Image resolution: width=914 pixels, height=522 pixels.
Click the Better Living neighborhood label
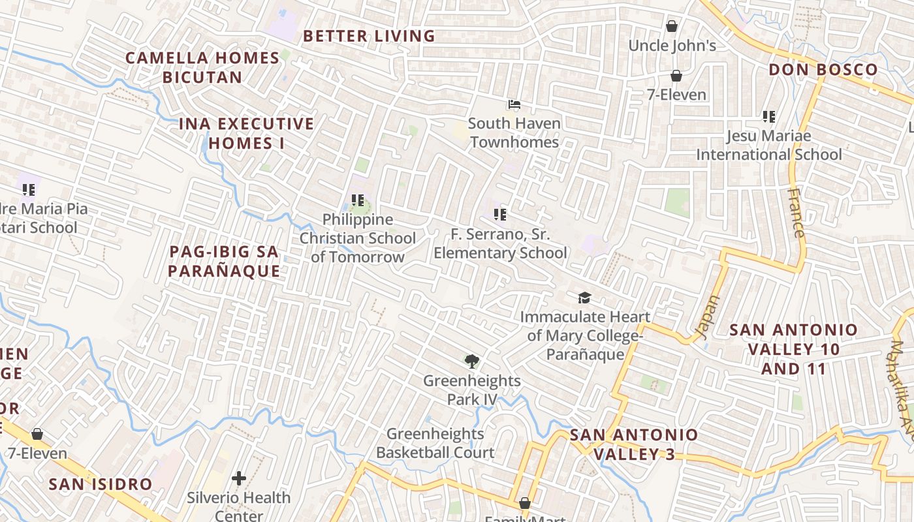pyautogui.click(x=369, y=36)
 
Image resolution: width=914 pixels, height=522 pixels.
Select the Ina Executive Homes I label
pyautogui.click(x=246, y=133)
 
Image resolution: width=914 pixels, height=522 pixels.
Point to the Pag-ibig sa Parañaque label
pyautogui.click(x=224, y=261)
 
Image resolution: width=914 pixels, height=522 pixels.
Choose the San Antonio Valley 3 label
pyautogui.click(x=634, y=444)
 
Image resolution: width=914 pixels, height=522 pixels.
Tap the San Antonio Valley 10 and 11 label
pyautogui.click(x=793, y=349)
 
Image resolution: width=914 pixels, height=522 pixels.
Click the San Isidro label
pyautogui.click(x=101, y=484)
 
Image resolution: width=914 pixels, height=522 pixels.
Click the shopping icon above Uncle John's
pyautogui.click(x=671, y=26)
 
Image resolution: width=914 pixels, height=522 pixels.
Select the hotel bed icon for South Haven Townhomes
pyautogui.click(x=514, y=104)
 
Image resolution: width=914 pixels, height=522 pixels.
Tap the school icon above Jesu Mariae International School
pyautogui.click(x=768, y=117)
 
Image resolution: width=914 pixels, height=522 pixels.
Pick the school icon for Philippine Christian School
pyautogui.click(x=357, y=200)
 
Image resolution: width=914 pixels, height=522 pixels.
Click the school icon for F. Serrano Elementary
pyautogui.click(x=500, y=214)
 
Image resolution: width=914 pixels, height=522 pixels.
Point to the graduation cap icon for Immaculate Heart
pyautogui.click(x=584, y=298)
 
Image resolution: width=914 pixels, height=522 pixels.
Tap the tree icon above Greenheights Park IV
pyautogui.click(x=471, y=361)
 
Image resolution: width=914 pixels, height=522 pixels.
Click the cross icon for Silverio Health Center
pyautogui.click(x=239, y=478)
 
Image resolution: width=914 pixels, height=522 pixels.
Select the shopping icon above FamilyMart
pyautogui.click(x=524, y=503)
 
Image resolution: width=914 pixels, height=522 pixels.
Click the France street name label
pyautogui.click(x=796, y=213)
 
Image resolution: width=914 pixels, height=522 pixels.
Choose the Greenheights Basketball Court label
pyautogui.click(x=435, y=442)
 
